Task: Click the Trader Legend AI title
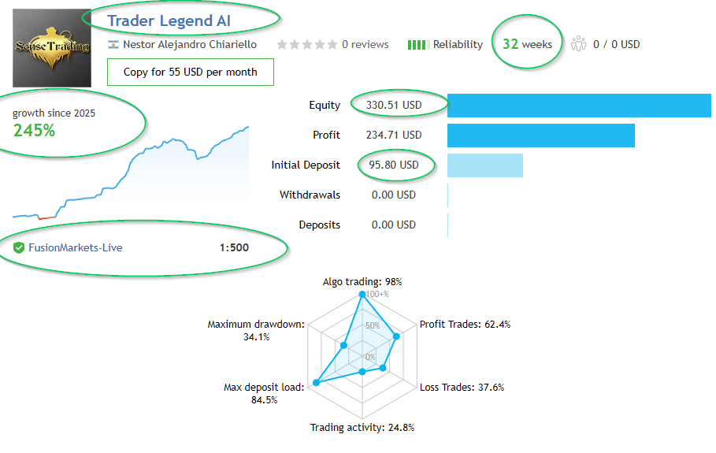(x=169, y=20)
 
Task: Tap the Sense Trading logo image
(x=52, y=47)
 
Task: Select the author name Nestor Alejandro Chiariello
(x=189, y=44)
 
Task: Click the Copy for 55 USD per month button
(x=190, y=72)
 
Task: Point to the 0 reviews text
(x=365, y=44)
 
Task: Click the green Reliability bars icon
(x=417, y=45)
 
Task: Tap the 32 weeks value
(x=527, y=44)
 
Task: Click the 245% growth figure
(x=34, y=131)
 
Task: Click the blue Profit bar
(x=540, y=135)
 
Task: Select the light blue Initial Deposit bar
(x=484, y=165)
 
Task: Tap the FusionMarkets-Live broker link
(x=76, y=247)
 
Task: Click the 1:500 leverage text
(x=234, y=247)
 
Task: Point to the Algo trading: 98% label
(x=362, y=281)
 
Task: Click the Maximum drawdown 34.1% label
(x=256, y=330)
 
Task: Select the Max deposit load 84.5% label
(x=263, y=393)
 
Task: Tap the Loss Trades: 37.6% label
(x=462, y=387)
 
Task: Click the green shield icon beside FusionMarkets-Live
(x=19, y=247)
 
